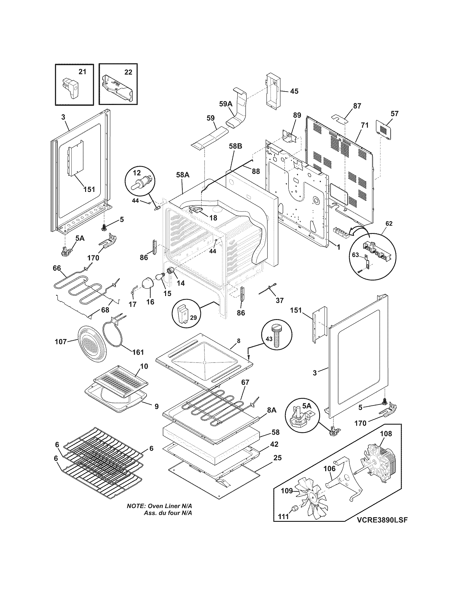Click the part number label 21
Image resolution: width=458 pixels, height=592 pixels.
[82, 72]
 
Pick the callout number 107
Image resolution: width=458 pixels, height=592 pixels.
[61, 341]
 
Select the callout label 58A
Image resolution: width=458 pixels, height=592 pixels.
[183, 175]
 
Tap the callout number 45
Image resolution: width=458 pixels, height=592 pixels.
[294, 91]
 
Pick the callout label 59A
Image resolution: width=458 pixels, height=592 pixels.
[226, 103]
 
